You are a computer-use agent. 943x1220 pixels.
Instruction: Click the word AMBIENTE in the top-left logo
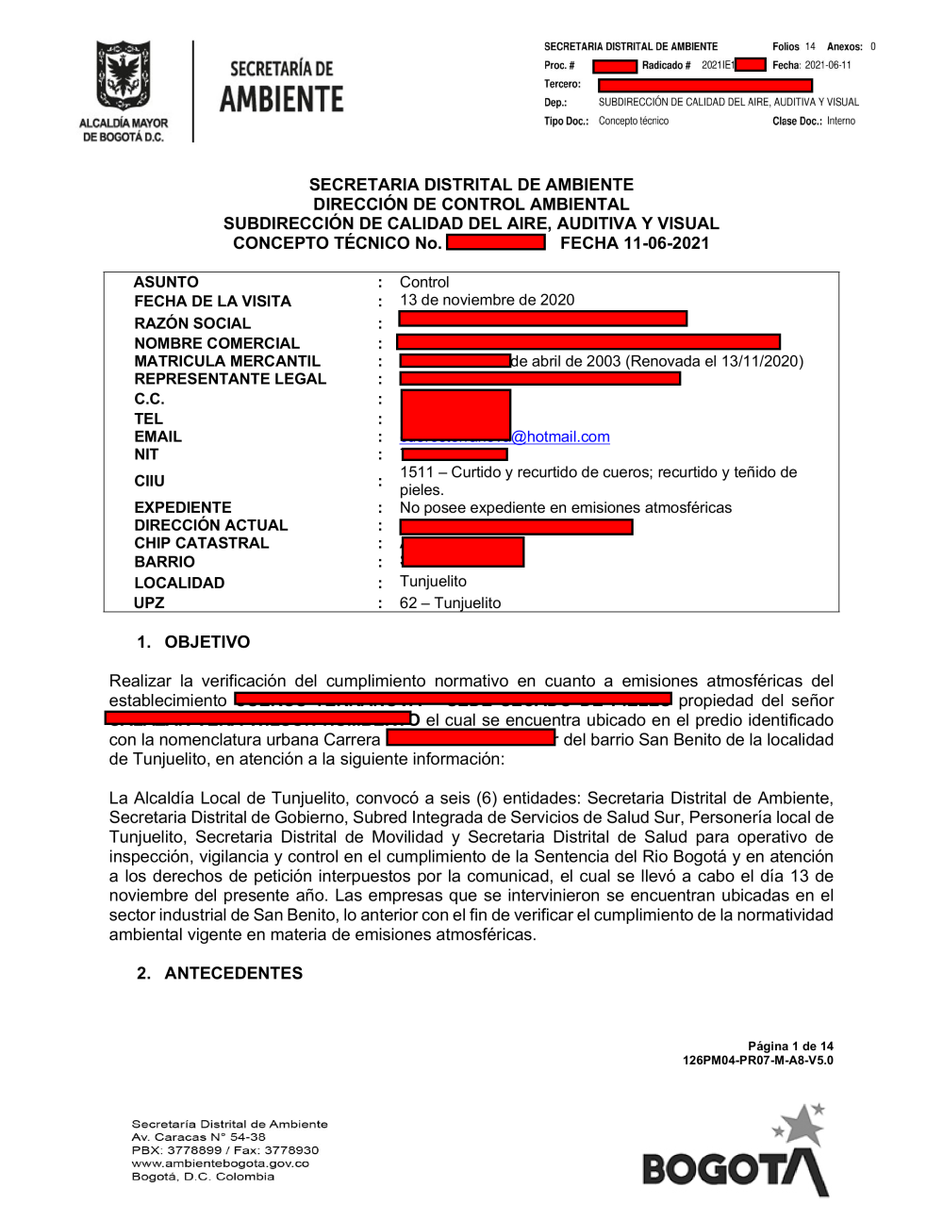(281, 99)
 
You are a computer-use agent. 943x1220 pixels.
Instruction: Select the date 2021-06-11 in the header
(828, 65)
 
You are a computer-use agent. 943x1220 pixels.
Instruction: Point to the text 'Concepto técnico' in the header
(634, 121)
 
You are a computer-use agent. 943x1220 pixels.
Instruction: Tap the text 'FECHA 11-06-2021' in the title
(635, 243)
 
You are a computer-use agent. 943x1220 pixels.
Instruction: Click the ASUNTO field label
(166, 282)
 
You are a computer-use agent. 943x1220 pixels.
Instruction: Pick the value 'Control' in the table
(424, 282)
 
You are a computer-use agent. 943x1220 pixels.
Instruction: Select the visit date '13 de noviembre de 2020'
(487, 300)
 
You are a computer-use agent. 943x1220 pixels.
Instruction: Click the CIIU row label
(149, 481)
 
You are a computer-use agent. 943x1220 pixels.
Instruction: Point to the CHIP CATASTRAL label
(201, 543)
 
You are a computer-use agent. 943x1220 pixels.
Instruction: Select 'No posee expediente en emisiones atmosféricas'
(565, 507)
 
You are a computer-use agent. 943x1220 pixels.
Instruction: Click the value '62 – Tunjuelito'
(450, 603)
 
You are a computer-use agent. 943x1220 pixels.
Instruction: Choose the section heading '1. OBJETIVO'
(193, 642)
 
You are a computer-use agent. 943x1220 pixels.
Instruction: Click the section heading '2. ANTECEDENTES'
(220, 973)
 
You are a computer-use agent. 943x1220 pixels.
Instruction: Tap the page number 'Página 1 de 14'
(790, 1046)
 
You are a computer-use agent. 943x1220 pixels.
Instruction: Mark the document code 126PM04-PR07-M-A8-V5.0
(757, 1060)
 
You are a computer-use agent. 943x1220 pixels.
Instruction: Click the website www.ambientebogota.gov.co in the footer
(220, 1163)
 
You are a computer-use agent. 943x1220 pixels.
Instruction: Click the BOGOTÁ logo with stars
(736, 1155)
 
